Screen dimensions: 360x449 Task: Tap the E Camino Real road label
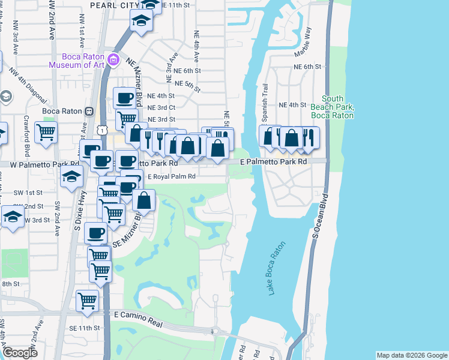click(x=139, y=318)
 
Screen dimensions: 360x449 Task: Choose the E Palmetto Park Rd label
click(x=274, y=162)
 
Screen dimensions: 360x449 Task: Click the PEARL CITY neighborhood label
click(x=113, y=5)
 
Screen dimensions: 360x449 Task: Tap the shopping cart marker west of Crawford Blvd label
click(x=46, y=132)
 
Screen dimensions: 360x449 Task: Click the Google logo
click(x=19, y=353)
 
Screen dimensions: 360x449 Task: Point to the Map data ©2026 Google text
click(x=411, y=355)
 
